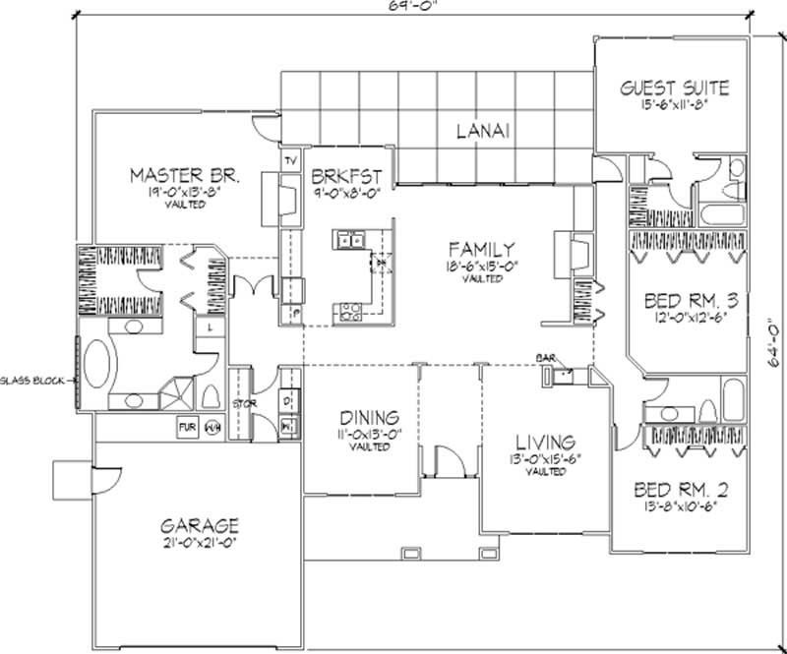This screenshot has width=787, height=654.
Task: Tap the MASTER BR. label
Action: coord(187,176)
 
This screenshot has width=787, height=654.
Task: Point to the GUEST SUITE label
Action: coord(674,89)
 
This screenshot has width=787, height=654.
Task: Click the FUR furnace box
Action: coord(187,427)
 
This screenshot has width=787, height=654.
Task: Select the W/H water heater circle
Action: coord(212,427)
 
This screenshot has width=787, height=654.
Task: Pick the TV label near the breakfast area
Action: coord(290,160)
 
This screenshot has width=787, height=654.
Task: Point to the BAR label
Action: coord(546,359)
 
